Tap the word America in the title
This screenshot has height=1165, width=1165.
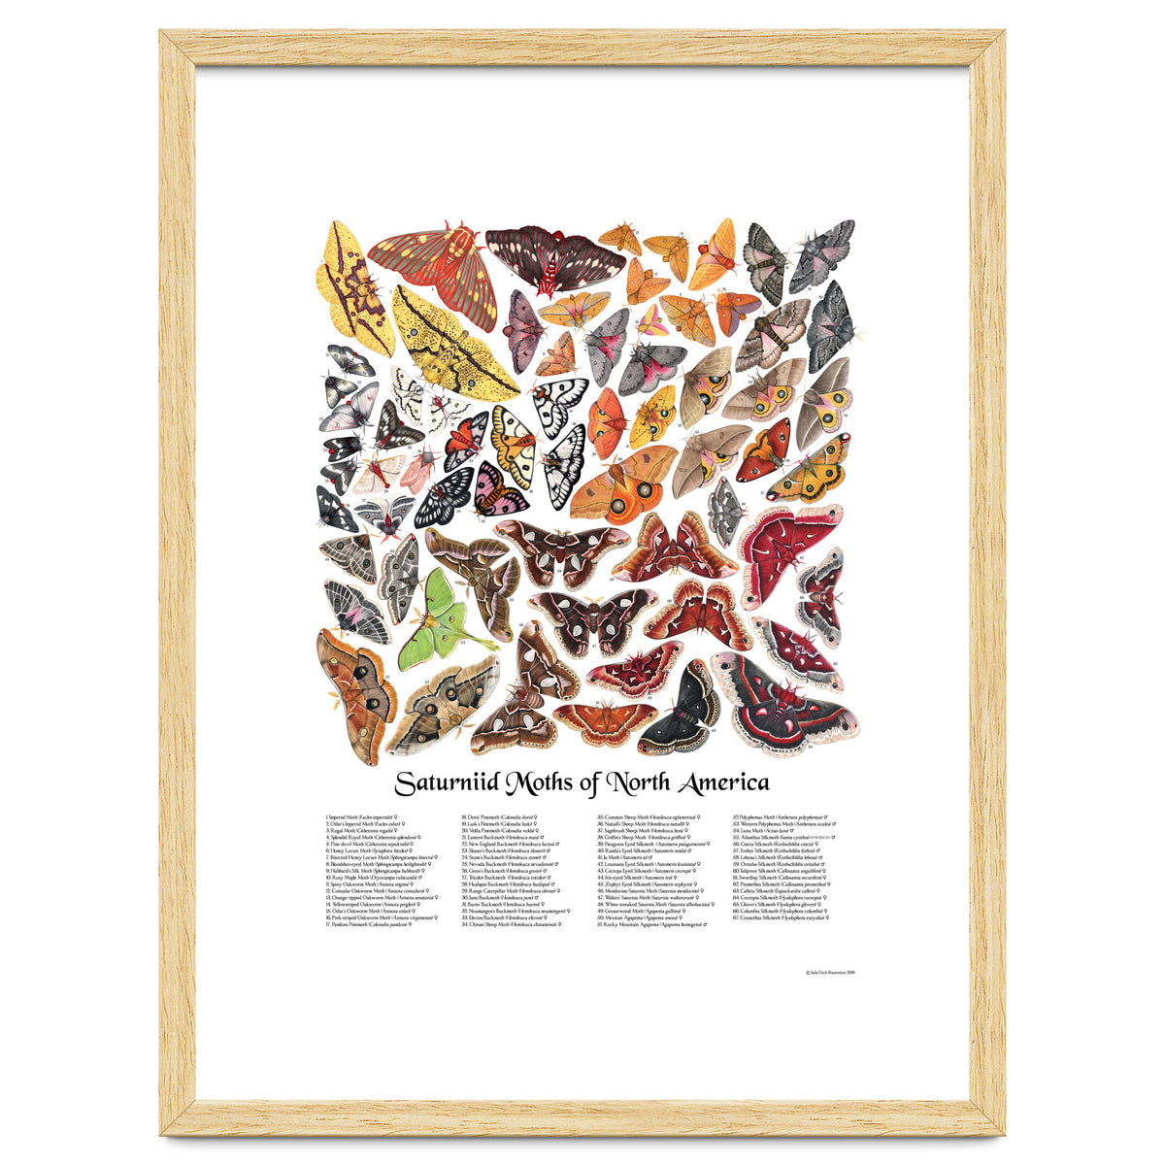718,782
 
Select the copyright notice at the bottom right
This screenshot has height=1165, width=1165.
830,970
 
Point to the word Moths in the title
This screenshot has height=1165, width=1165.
562,782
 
